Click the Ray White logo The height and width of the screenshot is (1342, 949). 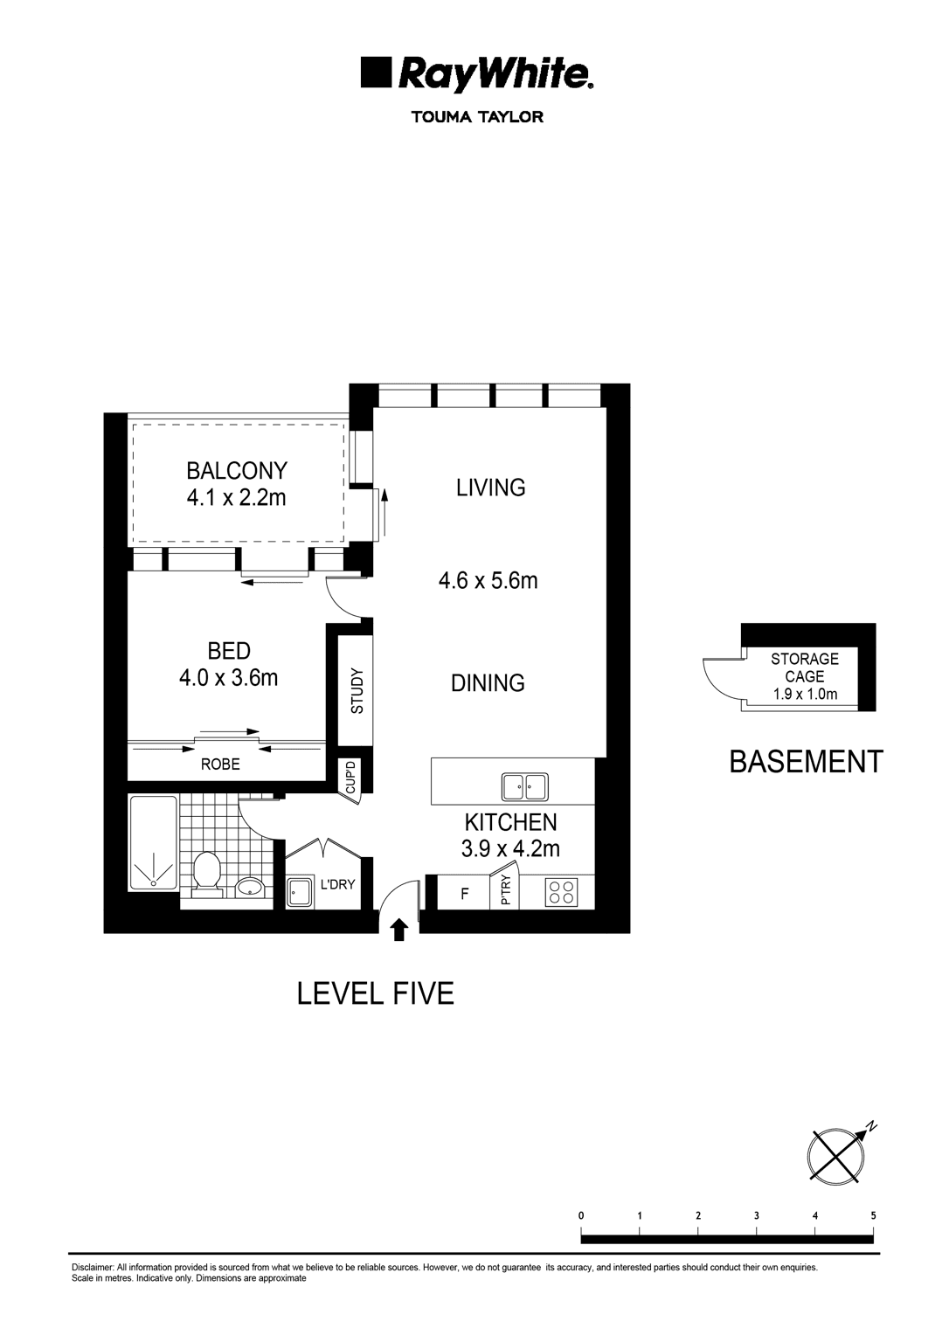477,75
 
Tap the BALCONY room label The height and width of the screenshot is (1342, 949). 236,471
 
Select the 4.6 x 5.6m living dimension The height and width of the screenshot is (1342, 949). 488,580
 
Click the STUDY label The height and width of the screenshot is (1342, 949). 357,692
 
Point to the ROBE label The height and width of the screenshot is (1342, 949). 220,764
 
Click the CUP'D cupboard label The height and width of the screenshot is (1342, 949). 350,777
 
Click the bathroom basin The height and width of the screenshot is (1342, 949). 252,889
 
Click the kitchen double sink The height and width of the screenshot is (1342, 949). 524,786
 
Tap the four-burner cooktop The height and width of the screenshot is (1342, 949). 561,892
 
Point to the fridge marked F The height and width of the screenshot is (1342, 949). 464,894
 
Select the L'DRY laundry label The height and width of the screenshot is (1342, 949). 337,884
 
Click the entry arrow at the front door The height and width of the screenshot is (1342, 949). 399,930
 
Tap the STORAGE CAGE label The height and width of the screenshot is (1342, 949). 804,668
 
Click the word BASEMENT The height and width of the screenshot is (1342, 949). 806,762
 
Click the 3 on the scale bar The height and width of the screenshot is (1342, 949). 756,1215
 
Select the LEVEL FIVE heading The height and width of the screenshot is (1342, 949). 376,993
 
